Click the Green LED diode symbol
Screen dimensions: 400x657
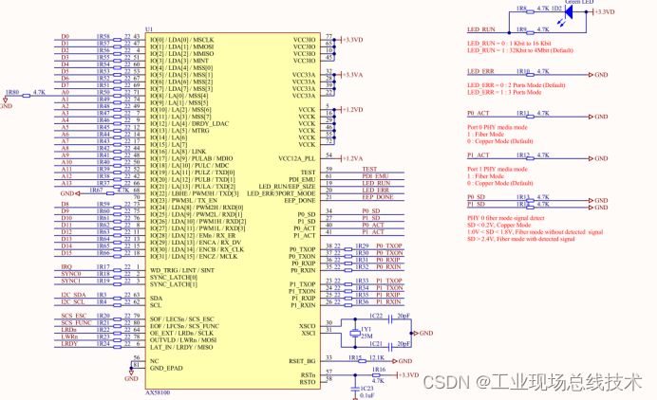coord(559,11)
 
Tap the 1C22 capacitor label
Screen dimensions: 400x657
coord(376,315)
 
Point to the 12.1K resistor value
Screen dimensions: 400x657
coord(376,357)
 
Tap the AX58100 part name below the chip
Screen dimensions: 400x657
coord(158,391)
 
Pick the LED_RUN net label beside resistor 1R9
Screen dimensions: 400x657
coord(481,30)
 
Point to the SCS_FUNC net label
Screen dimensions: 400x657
coord(74,323)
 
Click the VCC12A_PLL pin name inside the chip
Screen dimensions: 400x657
coord(295,157)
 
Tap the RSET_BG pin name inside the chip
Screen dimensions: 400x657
coord(302,360)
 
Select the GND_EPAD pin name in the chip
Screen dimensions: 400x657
coord(167,368)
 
